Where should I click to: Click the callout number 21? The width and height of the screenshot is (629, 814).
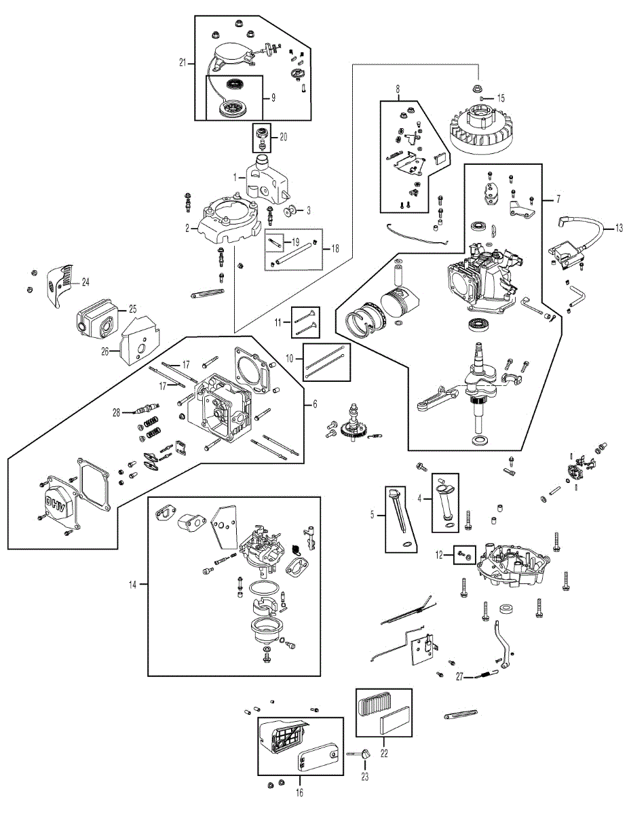point(183,62)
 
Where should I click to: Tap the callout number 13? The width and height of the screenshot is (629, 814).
point(620,227)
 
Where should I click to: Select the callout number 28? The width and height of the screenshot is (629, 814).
point(116,412)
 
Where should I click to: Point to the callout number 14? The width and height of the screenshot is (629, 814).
point(132,585)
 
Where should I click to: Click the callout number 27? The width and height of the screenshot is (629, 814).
point(459,677)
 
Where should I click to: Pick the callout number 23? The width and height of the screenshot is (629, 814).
point(365,777)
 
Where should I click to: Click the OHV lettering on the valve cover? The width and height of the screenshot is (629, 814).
point(60,504)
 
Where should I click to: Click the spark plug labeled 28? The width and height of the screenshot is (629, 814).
point(147,410)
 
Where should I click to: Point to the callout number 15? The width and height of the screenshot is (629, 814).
point(501,98)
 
